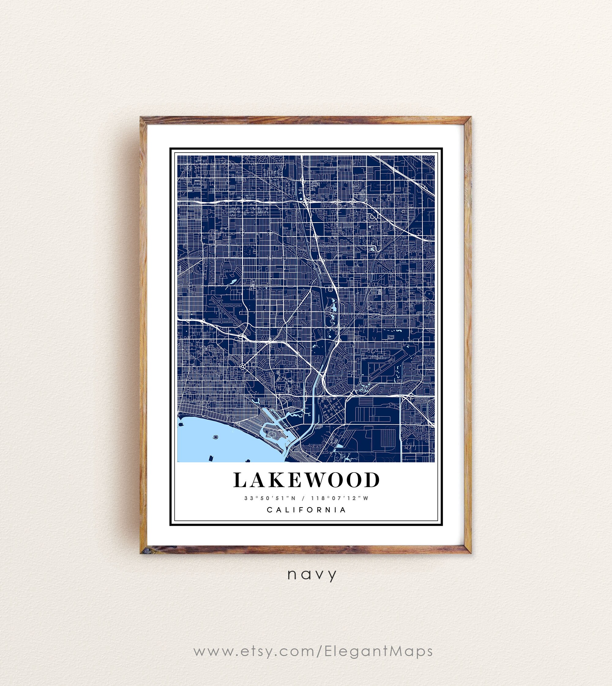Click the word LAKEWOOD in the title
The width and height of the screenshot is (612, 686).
coord(306,480)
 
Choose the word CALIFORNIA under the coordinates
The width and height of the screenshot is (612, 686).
coord(306,510)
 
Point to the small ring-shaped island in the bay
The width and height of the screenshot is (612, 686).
coord(215,437)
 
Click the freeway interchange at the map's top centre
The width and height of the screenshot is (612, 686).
coord(307,201)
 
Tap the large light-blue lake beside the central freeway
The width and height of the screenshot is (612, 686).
coord(334,307)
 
